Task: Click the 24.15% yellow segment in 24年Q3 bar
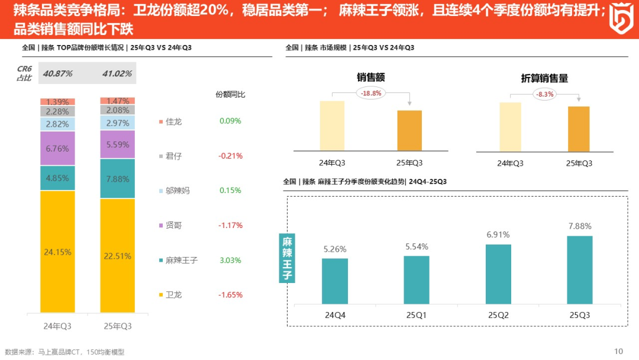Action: pos(57,252)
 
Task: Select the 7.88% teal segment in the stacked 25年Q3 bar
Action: pos(117,179)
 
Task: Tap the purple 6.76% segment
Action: pos(57,148)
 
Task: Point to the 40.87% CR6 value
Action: pos(58,73)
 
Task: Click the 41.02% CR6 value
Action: pos(117,73)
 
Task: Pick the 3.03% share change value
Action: pos(230,260)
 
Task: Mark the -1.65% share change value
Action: pos(230,295)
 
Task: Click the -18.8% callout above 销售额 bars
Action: pos(371,93)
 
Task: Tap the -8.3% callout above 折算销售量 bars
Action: pos(544,94)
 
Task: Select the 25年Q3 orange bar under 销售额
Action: pos(409,130)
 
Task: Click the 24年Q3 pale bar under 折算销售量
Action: pos(510,127)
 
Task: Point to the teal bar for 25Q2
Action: pos(498,274)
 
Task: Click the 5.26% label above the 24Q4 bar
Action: pos(335,249)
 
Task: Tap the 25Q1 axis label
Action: pos(417,316)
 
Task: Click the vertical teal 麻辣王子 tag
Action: pos(287,258)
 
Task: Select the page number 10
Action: pos(619,351)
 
